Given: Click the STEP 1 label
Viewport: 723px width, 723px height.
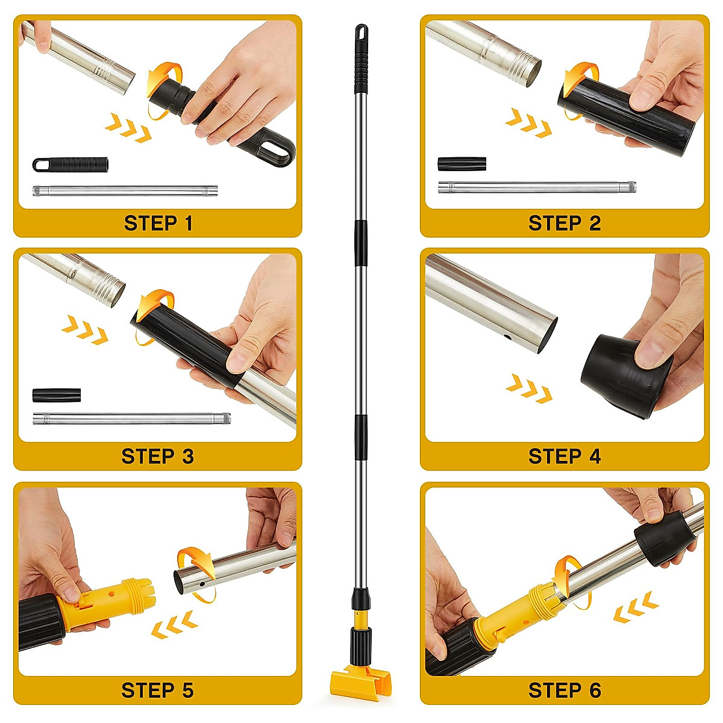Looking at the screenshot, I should (x=158, y=224).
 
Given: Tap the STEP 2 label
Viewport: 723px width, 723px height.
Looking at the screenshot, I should (x=565, y=224).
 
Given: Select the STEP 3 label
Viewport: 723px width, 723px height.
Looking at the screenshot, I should (x=158, y=457).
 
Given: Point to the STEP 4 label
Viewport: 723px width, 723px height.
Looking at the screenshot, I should (x=565, y=457).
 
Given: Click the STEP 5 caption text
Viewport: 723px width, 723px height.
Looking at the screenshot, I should (x=158, y=690).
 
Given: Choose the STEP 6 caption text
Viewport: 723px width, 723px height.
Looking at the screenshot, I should (x=565, y=690).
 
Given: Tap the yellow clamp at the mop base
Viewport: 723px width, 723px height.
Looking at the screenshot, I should (x=354, y=681).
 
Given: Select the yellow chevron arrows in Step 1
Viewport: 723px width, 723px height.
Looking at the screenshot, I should (x=128, y=128).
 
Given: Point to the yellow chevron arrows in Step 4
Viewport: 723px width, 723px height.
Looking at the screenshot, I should (x=529, y=389).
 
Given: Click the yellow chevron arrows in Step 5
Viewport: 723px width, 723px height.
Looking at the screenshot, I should (x=174, y=625).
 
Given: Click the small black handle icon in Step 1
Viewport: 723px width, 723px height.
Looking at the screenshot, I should (x=70, y=164).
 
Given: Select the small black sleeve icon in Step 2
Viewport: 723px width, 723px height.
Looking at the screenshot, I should (x=462, y=163).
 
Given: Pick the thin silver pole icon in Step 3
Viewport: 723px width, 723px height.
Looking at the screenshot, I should (x=131, y=418).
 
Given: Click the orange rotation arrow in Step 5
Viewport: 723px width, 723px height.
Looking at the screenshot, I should (x=196, y=572).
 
